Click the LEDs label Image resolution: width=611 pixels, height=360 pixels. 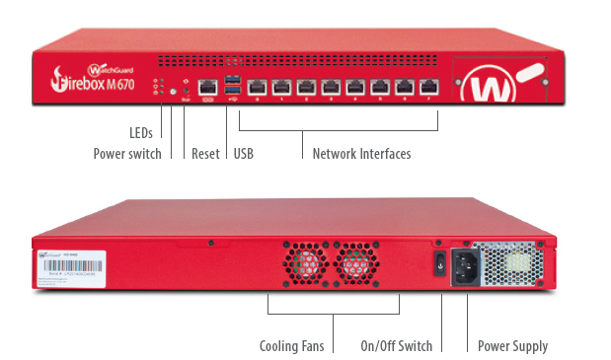click(x=141, y=132)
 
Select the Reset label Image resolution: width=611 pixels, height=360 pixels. click(x=205, y=154)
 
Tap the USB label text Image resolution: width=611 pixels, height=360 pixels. click(x=242, y=154)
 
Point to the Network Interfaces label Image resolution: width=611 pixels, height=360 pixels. click(x=361, y=154)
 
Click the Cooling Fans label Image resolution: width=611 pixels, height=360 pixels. click(x=292, y=346)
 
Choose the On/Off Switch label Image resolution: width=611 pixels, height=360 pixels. click(x=396, y=346)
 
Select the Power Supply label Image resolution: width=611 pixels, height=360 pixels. click(x=512, y=346)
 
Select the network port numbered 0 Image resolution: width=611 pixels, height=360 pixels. click(x=259, y=86)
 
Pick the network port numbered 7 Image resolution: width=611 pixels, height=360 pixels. click(x=428, y=86)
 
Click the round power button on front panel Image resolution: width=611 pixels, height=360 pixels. click(x=173, y=91)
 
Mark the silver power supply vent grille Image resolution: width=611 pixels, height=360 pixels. click(x=514, y=263)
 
